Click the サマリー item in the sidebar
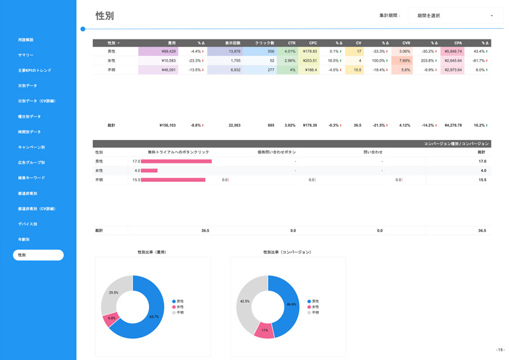(26, 55)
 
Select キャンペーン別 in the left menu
(31, 148)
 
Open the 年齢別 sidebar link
(24, 240)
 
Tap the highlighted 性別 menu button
(38, 255)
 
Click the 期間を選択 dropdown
(455, 15)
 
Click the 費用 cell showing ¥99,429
(158, 52)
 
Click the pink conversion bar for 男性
(176, 162)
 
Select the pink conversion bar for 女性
(149, 170)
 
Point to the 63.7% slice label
(153, 317)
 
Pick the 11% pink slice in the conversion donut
(264, 330)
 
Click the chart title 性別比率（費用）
(152, 253)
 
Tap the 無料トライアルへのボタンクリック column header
(178, 153)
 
